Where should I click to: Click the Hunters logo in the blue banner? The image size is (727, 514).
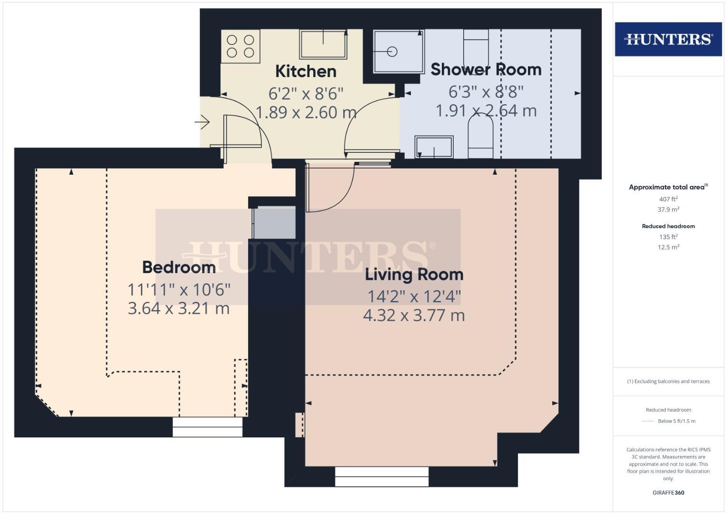(668, 39)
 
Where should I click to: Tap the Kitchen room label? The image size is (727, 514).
(306, 71)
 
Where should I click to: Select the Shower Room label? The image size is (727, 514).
(486, 69)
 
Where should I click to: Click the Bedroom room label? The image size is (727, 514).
(179, 267)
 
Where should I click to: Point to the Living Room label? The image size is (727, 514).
(414, 275)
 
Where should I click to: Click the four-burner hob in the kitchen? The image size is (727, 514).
(240, 46)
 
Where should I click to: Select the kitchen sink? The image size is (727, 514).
(323, 44)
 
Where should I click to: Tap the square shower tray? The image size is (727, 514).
(398, 51)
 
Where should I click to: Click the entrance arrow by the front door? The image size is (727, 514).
(202, 122)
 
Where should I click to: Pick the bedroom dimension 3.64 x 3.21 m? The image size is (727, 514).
(179, 308)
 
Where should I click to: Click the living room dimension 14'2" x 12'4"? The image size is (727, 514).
(414, 297)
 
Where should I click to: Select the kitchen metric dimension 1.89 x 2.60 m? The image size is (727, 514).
(306, 112)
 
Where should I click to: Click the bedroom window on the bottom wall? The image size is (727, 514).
(208, 427)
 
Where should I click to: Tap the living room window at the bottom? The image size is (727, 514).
(382, 476)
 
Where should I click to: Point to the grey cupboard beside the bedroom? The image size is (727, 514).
(274, 222)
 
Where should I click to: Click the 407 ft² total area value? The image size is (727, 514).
(668, 199)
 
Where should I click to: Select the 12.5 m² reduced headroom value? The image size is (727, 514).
(668, 247)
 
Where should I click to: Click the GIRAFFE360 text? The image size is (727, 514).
(668, 493)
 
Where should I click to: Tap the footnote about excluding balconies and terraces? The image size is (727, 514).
(668, 381)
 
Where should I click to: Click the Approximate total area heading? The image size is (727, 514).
(667, 187)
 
